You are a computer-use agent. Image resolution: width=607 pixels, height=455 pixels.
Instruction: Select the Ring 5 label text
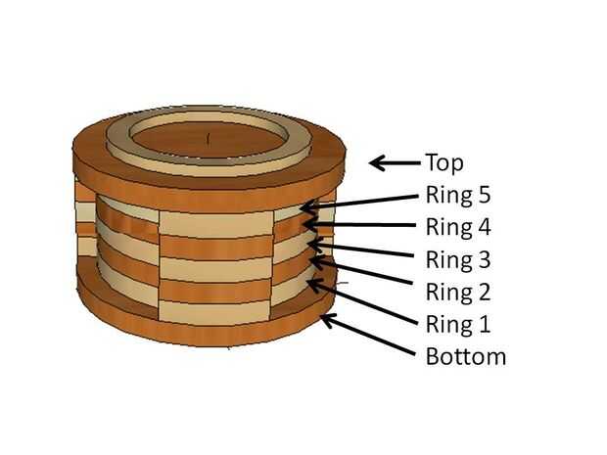point(457,195)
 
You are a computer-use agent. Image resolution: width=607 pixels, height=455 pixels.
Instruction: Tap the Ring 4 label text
point(457,228)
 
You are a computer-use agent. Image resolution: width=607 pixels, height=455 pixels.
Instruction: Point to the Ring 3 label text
point(457,260)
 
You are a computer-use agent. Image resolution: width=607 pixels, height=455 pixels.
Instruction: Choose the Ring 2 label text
point(457,292)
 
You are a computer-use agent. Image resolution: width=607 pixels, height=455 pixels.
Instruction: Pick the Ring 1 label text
point(456,324)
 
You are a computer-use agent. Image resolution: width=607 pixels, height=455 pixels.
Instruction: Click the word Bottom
point(466,356)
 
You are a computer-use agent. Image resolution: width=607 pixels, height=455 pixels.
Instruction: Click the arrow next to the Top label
point(393,163)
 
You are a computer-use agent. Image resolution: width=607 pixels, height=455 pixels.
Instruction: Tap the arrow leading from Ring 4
point(362,227)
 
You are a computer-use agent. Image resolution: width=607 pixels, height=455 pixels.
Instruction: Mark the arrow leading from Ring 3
point(362,250)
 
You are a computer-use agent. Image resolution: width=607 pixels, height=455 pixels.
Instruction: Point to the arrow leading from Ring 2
point(362,274)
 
